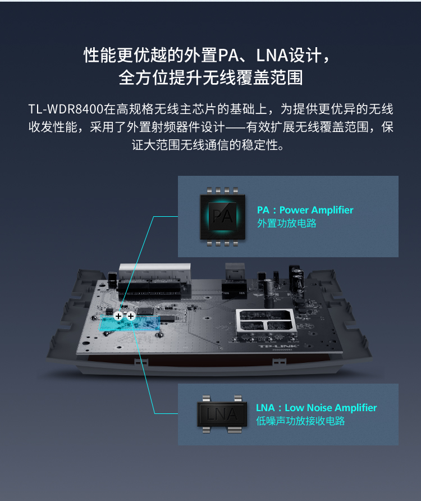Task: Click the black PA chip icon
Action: click(223, 217)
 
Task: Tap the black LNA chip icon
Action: click(222, 414)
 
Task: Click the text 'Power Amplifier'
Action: click(316, 210)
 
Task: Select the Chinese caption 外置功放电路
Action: click(286, 223)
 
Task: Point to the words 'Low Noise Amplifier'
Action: click(331, 408)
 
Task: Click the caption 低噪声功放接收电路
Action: click(300, 421)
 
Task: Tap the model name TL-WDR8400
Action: click(66, 110)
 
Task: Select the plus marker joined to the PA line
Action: click(118, 316)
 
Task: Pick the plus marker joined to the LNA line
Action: click(131, 316)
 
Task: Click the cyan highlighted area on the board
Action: click(129, 324)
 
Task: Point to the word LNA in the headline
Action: click(272, 55)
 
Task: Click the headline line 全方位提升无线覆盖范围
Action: click(210, 78)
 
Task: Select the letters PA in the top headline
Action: click(228, 55)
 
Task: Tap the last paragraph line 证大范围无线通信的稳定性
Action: click(207, 145)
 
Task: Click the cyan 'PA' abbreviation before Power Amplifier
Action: click(263, 210)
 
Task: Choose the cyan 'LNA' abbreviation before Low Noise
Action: click(266, 408)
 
